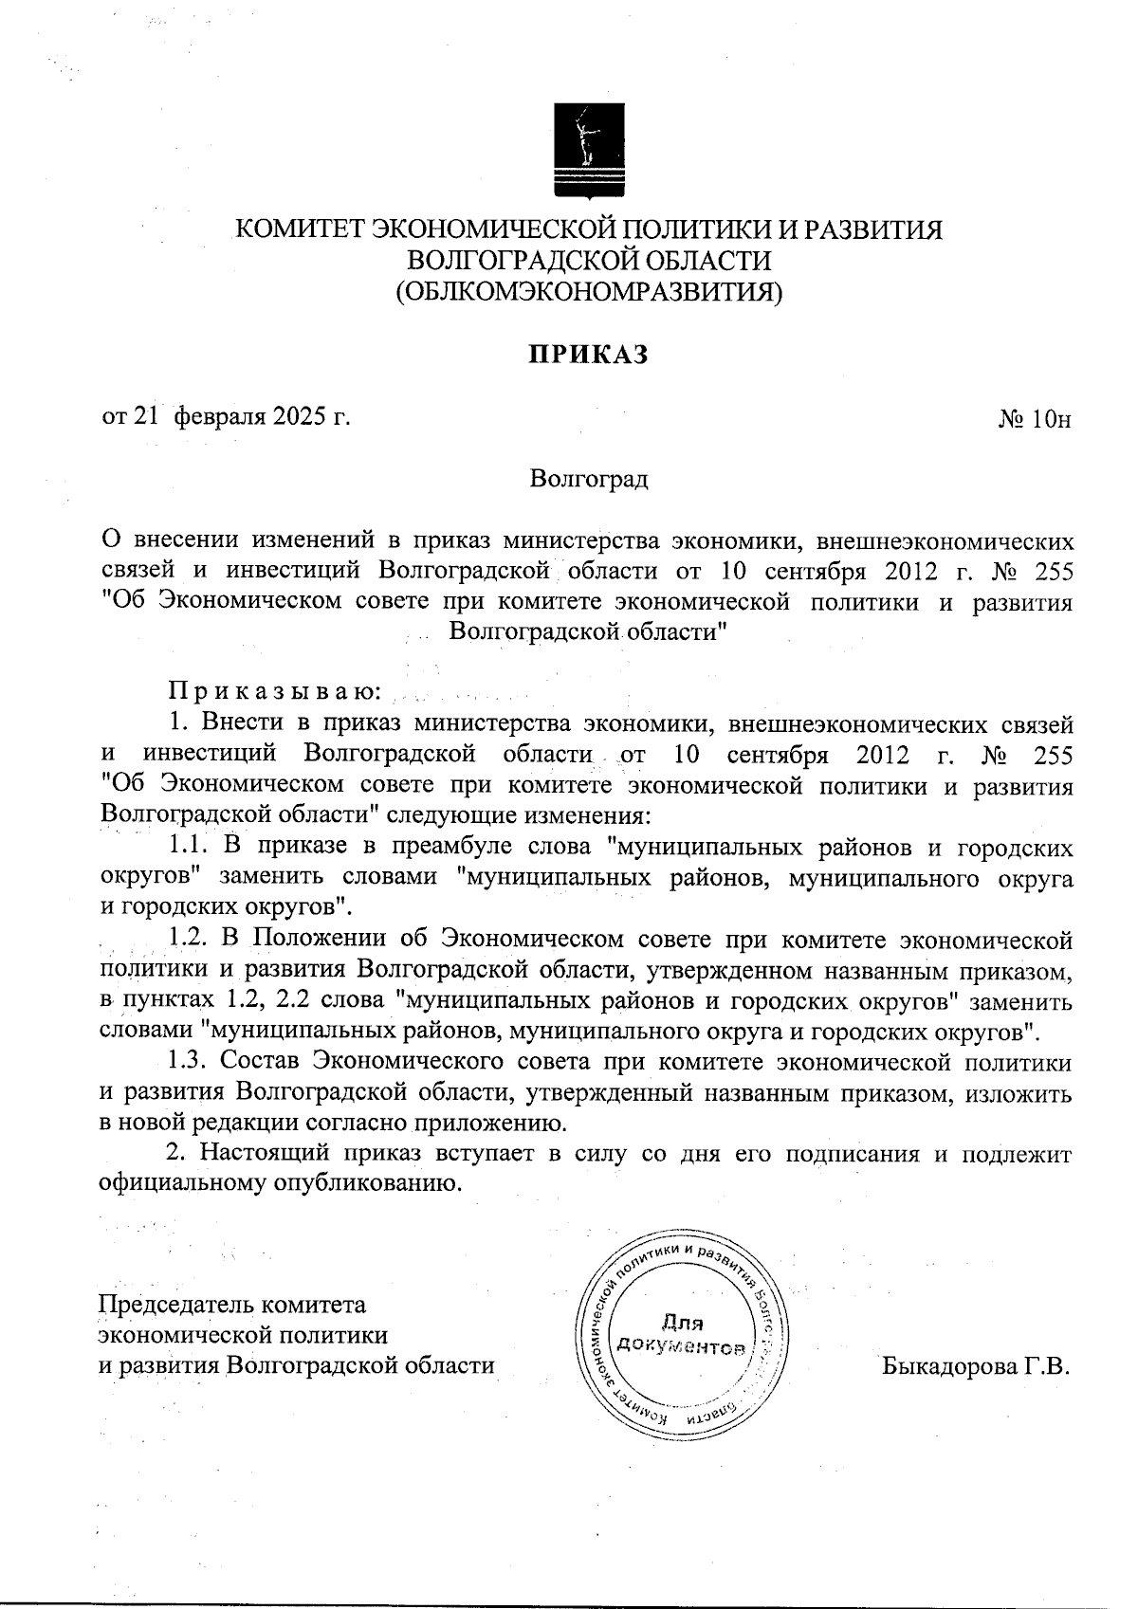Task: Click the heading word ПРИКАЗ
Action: coord(588,355)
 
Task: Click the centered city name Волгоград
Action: coord(588,479)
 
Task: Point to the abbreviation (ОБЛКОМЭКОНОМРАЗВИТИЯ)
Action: coord(588,291)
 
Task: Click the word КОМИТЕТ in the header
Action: coord(299,230)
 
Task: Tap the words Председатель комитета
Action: coord(232,1304)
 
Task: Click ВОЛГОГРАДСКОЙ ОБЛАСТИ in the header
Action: coord(588,261)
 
